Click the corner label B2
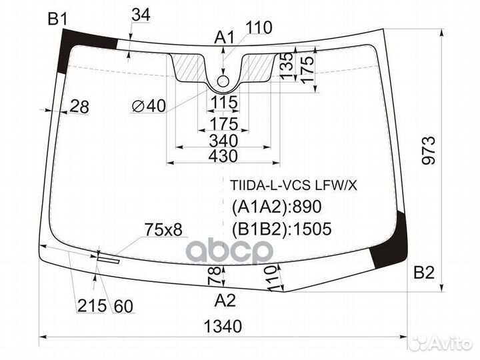424,272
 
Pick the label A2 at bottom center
225,301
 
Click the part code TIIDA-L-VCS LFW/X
293,185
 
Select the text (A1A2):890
271,207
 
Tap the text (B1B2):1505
281,230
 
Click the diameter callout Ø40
149,105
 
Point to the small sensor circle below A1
224,81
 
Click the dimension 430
223,156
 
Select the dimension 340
223,141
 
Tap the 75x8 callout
163,230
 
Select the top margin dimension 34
141,14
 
